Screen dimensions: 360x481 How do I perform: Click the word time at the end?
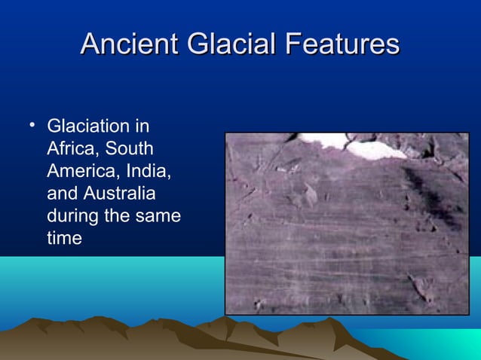64,239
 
